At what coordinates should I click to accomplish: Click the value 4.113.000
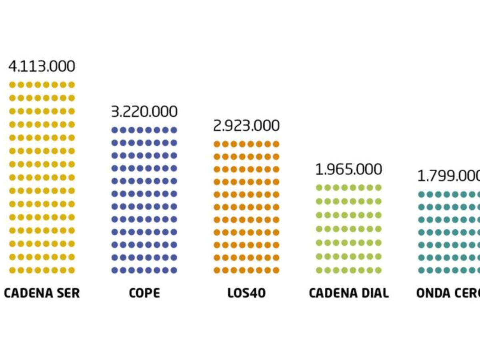click(x=42, y=66)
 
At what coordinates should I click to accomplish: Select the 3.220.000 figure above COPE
click(x=144, y=112)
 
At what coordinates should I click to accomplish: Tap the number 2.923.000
click(x=246, y=126)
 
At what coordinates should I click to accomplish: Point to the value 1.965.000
click(x=349, y=170)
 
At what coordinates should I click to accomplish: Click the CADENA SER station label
click(x=42, y=293)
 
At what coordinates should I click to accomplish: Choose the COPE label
click(x=144, y=293)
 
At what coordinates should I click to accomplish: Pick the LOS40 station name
click(x=246, y=293)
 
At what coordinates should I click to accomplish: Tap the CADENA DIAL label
click(x=349, y=293)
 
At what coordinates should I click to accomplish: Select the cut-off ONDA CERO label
click(x=448, y=293)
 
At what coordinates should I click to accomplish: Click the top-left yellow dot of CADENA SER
click(x=12, y=85)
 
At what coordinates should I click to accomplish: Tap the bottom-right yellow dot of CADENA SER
click(x=71, y=270)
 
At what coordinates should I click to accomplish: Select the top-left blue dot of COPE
click(x=114, y=130)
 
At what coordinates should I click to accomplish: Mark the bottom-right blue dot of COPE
click(x=174, y=270)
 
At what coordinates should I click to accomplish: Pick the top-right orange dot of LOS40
click(x=276, y=144)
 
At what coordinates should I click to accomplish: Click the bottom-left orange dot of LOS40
click(x=217, y=270)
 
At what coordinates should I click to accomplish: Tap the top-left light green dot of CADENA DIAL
click(x=319, y=188)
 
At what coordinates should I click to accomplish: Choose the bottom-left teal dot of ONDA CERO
click(x=422, y=270)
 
